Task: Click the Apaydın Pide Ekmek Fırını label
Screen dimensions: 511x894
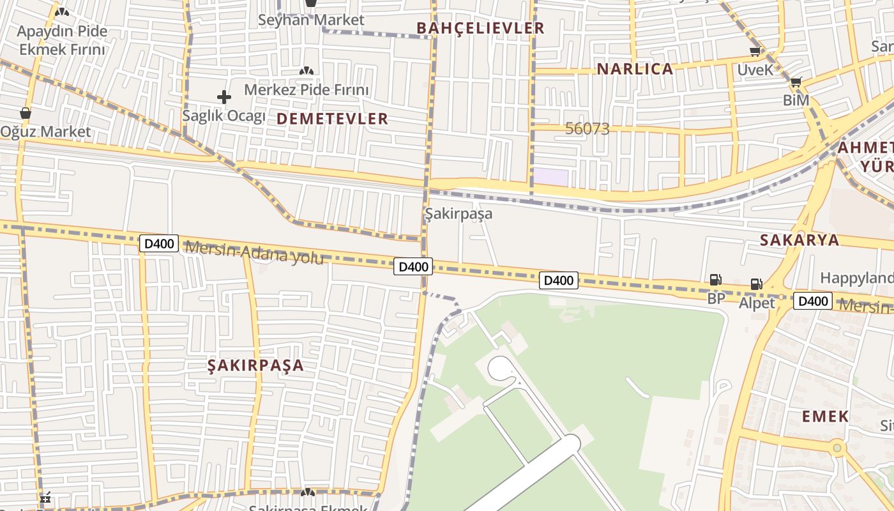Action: [62, 40]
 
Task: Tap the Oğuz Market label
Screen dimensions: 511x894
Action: [45, 132]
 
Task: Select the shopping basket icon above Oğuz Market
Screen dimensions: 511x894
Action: [26, 113]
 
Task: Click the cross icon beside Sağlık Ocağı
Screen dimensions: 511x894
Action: [223, 97]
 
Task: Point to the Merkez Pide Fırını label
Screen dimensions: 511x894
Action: [307, 89]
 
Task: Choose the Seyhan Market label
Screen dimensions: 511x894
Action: [311, 20]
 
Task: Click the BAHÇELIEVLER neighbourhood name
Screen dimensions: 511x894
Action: [480, 28]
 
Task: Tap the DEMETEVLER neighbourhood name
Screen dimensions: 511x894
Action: [332, 119]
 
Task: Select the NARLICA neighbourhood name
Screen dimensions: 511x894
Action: [635, 69]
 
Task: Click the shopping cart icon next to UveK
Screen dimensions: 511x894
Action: [755, 52]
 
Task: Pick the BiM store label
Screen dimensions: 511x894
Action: [796, 100]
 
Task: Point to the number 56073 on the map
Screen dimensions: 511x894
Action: [587, 129]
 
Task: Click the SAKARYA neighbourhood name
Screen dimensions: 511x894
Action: [799, 240]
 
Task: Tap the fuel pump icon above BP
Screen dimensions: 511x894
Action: [715, 279]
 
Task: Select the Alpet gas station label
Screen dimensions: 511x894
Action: [757, 303]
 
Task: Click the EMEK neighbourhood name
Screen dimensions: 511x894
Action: [825, 416]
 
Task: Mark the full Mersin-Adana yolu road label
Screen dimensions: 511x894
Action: [254, 252]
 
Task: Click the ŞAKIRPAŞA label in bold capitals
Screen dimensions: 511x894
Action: [255, 365]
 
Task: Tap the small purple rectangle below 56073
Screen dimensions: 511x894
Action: [550, 177]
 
